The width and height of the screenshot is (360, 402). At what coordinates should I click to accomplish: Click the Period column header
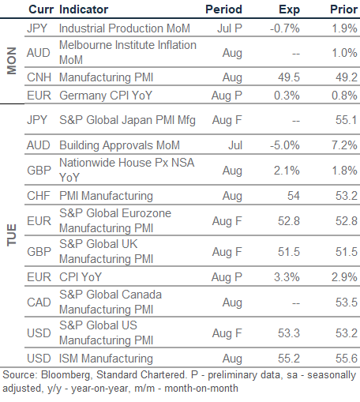coord(223,9)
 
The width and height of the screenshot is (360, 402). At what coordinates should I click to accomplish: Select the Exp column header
coord(289,10)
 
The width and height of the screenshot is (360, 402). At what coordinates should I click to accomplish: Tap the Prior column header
coord(343,9)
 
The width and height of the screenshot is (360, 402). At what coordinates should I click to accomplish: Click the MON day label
coord(12,61)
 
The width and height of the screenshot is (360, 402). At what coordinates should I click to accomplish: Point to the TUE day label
coord(12,235)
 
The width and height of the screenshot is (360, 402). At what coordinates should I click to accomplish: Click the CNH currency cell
coord(39,77)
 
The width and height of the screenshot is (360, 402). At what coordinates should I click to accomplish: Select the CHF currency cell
coord(39,196)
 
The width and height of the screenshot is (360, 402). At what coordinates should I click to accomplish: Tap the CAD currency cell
coord(39,302)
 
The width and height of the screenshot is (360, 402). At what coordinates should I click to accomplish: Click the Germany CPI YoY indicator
coord(106,96)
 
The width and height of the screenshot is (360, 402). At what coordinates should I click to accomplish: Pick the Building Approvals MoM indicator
coord(119,145)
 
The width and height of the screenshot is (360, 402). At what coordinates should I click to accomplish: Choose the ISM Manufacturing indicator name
coord(106,359)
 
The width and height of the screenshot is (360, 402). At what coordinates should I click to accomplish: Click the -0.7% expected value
coord(285,28)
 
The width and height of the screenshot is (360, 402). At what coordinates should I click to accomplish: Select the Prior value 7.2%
coord(344,145)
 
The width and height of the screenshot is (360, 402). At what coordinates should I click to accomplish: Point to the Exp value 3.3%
coord(287,277)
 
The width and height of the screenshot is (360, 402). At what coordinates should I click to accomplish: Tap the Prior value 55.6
coord(347,359)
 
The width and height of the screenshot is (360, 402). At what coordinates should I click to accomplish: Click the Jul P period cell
coord(230,28)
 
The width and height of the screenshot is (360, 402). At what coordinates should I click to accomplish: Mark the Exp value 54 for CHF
coord(294,196)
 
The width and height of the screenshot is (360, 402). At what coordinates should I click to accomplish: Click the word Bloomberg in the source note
coord(66,375)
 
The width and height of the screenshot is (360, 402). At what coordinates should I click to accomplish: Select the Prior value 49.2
coord(347,77)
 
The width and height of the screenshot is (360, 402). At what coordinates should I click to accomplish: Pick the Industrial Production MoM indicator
coord(125,28)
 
